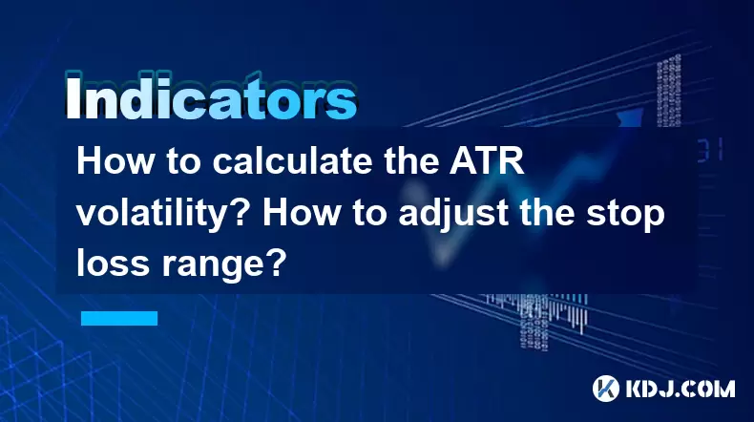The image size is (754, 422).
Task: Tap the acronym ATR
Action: pos(487,161)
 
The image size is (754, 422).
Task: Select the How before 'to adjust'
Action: pos(301,213)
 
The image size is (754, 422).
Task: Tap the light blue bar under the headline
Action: pos(119,318)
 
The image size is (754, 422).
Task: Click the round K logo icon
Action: pos(606,389)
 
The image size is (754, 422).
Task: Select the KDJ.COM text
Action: pos(680,389)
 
